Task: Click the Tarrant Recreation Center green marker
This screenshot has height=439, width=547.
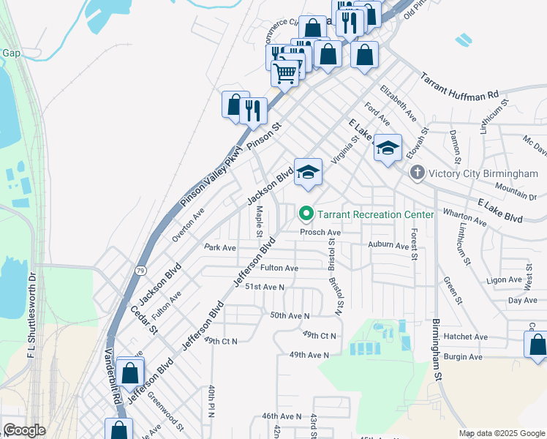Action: click(x=306, y=214)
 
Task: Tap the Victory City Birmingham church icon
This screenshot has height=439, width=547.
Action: click(x=417, y=173)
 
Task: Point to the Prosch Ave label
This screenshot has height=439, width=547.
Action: click(x=320, y=232)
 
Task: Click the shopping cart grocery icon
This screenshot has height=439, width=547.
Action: click(x=285, y=72)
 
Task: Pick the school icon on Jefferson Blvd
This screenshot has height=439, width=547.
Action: click(x=309, y=173)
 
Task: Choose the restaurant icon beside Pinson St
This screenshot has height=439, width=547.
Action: click(x=253, y=110)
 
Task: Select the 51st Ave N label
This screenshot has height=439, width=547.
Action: click(x=264, y=288)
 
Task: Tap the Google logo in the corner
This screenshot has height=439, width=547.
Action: click(x=24, y=430)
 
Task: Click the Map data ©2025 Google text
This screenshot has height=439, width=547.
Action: click(x=501, y=433)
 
